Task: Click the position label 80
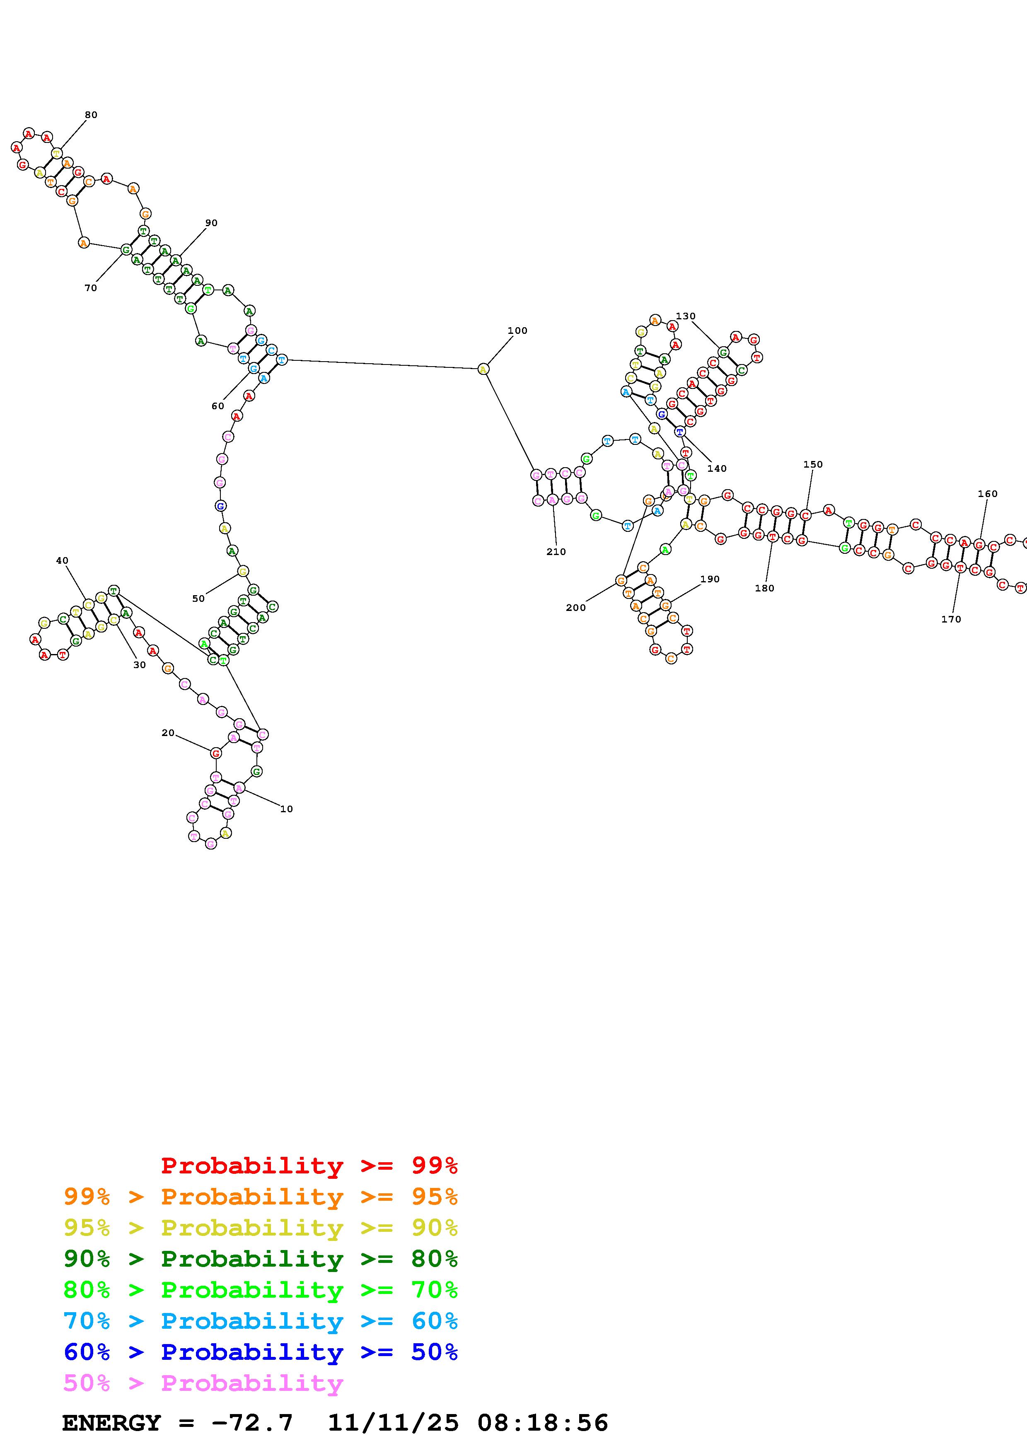pos(91,115)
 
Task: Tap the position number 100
pos(517,331)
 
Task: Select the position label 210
pos(556,552)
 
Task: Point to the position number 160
pos(987,494)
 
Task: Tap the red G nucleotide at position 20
pos(216,753)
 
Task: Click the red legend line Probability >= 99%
pos(309,1166)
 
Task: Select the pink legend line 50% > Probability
pos(204,1383)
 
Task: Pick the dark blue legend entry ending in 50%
pos(261,1352)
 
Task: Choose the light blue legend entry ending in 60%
pos(261,1321)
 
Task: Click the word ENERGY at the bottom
pos(111,1423)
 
